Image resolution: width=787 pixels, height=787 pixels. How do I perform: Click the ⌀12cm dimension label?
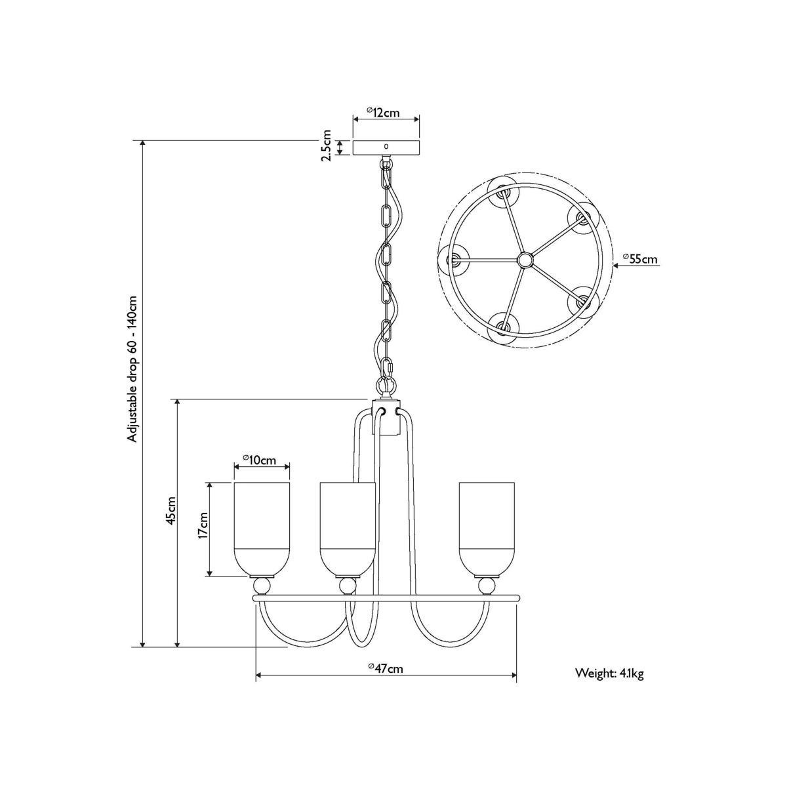pos(383,112)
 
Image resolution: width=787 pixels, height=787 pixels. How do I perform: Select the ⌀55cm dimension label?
pos(640,258)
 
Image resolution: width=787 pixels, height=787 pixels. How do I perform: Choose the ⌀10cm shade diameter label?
pos(259,460)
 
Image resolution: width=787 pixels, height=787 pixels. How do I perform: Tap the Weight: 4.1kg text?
pos(609,674)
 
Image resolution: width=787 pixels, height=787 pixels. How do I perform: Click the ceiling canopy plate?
pos(386,148)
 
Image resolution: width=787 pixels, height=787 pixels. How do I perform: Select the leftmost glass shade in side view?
pos(262,529)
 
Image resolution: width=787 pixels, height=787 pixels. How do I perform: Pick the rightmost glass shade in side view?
pos(487,529)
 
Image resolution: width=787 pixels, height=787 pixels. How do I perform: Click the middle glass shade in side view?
pos(348,529)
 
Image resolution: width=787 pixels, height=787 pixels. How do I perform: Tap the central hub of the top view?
pos(525,259)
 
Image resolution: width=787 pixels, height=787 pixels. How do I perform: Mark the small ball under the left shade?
pos(262,586)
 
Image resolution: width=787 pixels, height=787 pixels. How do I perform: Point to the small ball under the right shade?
pos(487,586)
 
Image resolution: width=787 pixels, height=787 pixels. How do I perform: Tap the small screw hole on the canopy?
pos(386,146)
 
